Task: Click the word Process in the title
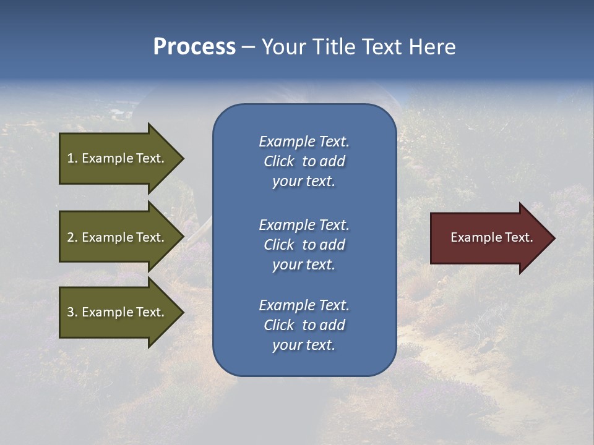point(194,47)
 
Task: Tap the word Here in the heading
point(432,47)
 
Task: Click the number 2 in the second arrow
point(71,237)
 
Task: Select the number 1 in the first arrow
point(71,158)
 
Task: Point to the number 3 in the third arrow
point(71,312)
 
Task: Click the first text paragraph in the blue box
point(304,161)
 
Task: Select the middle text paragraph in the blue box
point(304,245)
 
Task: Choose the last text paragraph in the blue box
point(304,325)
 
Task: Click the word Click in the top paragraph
point(278,161)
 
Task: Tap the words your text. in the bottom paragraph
point(304,345)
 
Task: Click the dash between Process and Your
point(248,48)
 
